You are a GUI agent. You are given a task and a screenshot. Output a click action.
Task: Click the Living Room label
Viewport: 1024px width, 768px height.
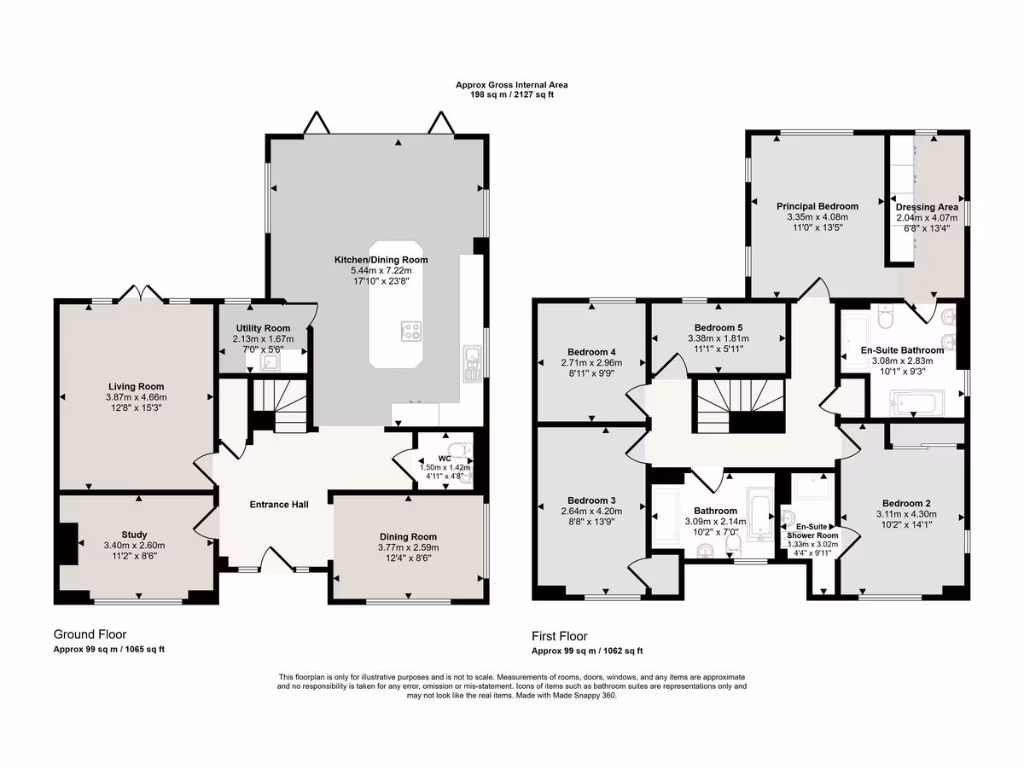point(136,386)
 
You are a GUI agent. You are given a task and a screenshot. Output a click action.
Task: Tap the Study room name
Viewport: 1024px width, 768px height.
point(134,534)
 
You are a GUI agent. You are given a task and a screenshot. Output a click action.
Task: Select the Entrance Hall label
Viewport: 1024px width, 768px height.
point(278,504)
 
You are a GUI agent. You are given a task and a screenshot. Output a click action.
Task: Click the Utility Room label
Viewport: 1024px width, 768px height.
point(263,328)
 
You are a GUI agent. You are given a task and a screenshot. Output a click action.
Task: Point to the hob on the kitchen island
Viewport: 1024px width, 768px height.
point(411,331)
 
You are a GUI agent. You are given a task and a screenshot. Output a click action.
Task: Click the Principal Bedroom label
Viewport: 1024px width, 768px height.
point(817,206)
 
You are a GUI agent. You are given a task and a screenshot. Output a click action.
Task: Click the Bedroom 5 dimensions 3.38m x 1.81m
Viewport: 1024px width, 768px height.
point(719,338)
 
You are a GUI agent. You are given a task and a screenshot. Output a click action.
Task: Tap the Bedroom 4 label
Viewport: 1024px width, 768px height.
point(592,351)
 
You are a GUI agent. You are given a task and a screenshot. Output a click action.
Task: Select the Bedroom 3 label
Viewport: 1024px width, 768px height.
point(591,500)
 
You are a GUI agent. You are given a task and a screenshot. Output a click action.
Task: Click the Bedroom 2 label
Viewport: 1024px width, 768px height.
point(906,503)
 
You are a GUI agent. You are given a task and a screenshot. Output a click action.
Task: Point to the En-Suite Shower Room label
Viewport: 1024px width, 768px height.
point(810,530)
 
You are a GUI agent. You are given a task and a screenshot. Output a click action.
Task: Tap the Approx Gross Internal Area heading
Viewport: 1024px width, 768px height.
point(511,85)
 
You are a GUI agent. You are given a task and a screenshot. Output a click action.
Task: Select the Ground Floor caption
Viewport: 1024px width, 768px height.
point(89,634)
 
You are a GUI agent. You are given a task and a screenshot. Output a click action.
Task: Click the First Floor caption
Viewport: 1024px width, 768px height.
point(559,636)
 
